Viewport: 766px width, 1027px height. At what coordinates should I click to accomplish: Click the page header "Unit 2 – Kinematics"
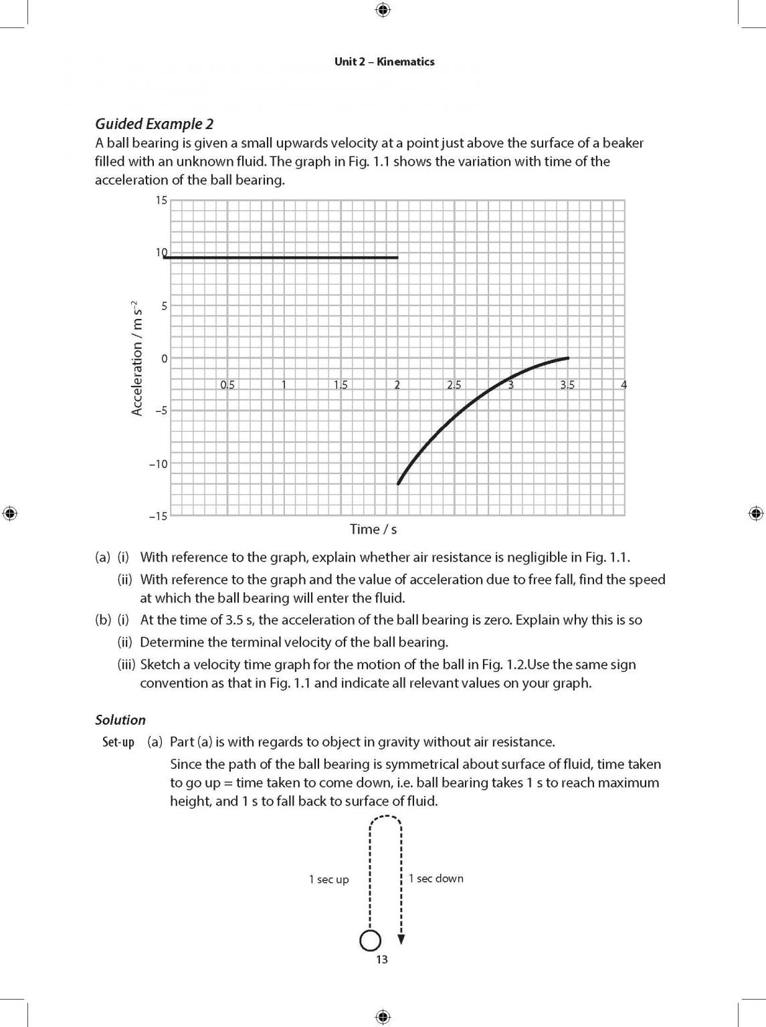pyautogui.click(x=384, y=62)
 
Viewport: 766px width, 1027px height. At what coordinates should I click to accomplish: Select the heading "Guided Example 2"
pyautogui.click(x=154, y=124)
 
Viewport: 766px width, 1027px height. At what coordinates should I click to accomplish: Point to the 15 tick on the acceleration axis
pyautogui.click(x=161, y=200)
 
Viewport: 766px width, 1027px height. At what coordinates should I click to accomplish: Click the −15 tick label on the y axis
pyautogui.click(x=159, y=516)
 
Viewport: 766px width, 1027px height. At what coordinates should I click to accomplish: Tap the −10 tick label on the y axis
pyautogui.click(x=159, y=463)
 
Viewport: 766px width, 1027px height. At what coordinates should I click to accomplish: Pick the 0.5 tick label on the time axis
pyautogui.click(x=227, y=384)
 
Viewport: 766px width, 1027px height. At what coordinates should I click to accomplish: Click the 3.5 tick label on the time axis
pyautogui.click(x=567, y=384)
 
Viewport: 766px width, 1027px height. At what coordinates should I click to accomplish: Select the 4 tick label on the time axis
pyautogui.click(x=624, y=384)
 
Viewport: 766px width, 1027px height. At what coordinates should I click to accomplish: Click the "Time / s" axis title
pyautogui.click(x=373, y=530)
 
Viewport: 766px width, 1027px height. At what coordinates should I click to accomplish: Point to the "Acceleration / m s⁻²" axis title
pyautogui.click(x=137, y=358)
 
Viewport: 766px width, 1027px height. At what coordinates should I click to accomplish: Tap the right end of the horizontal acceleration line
pyautogui.click(x=397, y=257)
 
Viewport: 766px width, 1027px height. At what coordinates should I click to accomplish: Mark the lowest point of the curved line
pyautogui.click(x=399, y=483)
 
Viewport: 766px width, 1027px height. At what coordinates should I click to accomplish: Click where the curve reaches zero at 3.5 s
pyautogui.click(x=568, y=358)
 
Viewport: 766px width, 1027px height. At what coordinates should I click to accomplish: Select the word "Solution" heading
pyautogui.click(x=120, y=720)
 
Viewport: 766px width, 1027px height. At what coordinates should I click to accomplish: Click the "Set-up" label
pyautogui.click(x=118, y=742)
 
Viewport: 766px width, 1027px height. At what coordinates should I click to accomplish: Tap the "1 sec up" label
pyautogui.click(x=328, y=880)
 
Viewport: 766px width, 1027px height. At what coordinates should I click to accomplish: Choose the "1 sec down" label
pyautogui.click(x=436, y=879)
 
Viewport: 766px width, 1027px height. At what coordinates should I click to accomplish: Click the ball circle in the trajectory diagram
pyautogui.click(x=370, y=941)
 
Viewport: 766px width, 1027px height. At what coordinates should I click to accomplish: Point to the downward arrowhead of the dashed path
pyautogui.click(x=401, y=939)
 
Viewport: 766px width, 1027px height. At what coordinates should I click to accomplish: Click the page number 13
pyautogui.click(x=381, y=960)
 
